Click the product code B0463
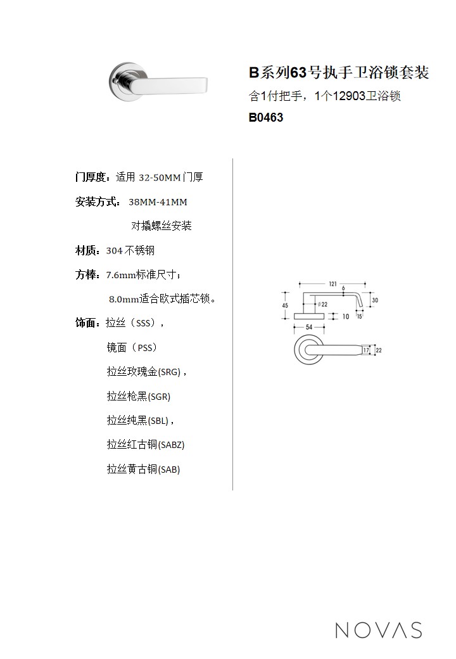(266, 117)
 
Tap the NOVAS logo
(379, 630)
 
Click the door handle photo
(158, 82)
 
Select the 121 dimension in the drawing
(333, 284)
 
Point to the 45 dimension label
(285, 305)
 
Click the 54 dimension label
(309, 327)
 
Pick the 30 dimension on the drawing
(375, 300)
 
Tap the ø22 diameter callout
(323, 304)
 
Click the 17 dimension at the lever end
(366, 350)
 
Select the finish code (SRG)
(170, 372)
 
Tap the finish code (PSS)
(145, 348)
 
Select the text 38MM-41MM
(158, 202)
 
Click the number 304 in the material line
(114, 251)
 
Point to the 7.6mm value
(121, 275)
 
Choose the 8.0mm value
(124, 299)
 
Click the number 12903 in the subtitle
(349, 96)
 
